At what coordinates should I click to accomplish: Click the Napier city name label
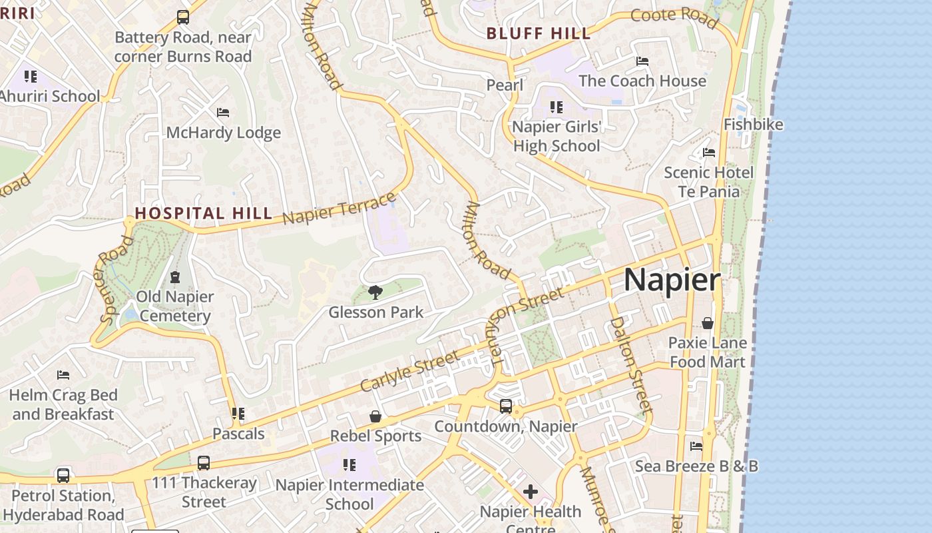coord(672,280)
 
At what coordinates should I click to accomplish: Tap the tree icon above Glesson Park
coord(375,292)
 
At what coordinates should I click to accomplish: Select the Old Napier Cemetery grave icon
coord(175,276)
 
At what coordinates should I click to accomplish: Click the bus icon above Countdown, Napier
coord(506,406)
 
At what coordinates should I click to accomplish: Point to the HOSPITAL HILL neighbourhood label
coord(204,213)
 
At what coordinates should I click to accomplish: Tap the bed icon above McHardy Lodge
coord(223,113)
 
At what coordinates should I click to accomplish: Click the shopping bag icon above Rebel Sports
coord(375,416)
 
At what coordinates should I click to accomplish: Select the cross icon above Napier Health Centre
coord(531,492)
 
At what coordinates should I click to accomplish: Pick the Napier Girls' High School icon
coord(557,107)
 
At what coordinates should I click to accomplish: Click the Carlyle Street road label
coord(409,371)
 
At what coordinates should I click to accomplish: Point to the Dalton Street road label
coord(629,363)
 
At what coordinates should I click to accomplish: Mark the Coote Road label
coord(674,19)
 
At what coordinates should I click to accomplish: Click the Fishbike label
coord(754,125)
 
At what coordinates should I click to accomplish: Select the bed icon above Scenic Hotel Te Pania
coord(709,153)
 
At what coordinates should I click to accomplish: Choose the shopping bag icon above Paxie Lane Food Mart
coord(708,323)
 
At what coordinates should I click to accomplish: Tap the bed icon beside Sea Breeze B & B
coord(696,446)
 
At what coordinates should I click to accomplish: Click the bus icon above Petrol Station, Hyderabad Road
coord(63,476)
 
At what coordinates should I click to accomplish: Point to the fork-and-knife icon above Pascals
coord(238,414)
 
